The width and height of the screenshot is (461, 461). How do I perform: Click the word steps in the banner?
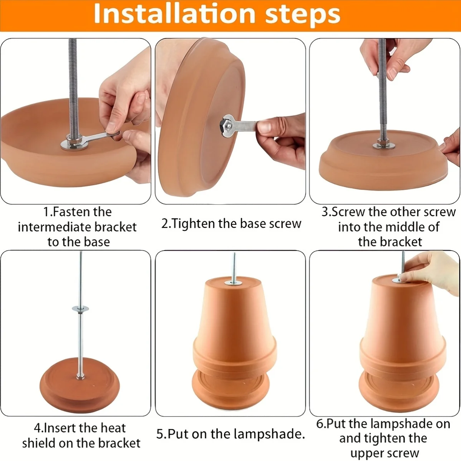[303, 15]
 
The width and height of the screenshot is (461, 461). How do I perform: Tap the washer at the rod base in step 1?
[74, 144]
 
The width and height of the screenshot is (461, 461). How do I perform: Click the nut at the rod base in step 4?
[80, 377]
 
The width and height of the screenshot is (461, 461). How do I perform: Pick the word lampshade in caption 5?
[269, 434]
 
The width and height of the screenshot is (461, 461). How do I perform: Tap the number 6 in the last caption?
[320, 424]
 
